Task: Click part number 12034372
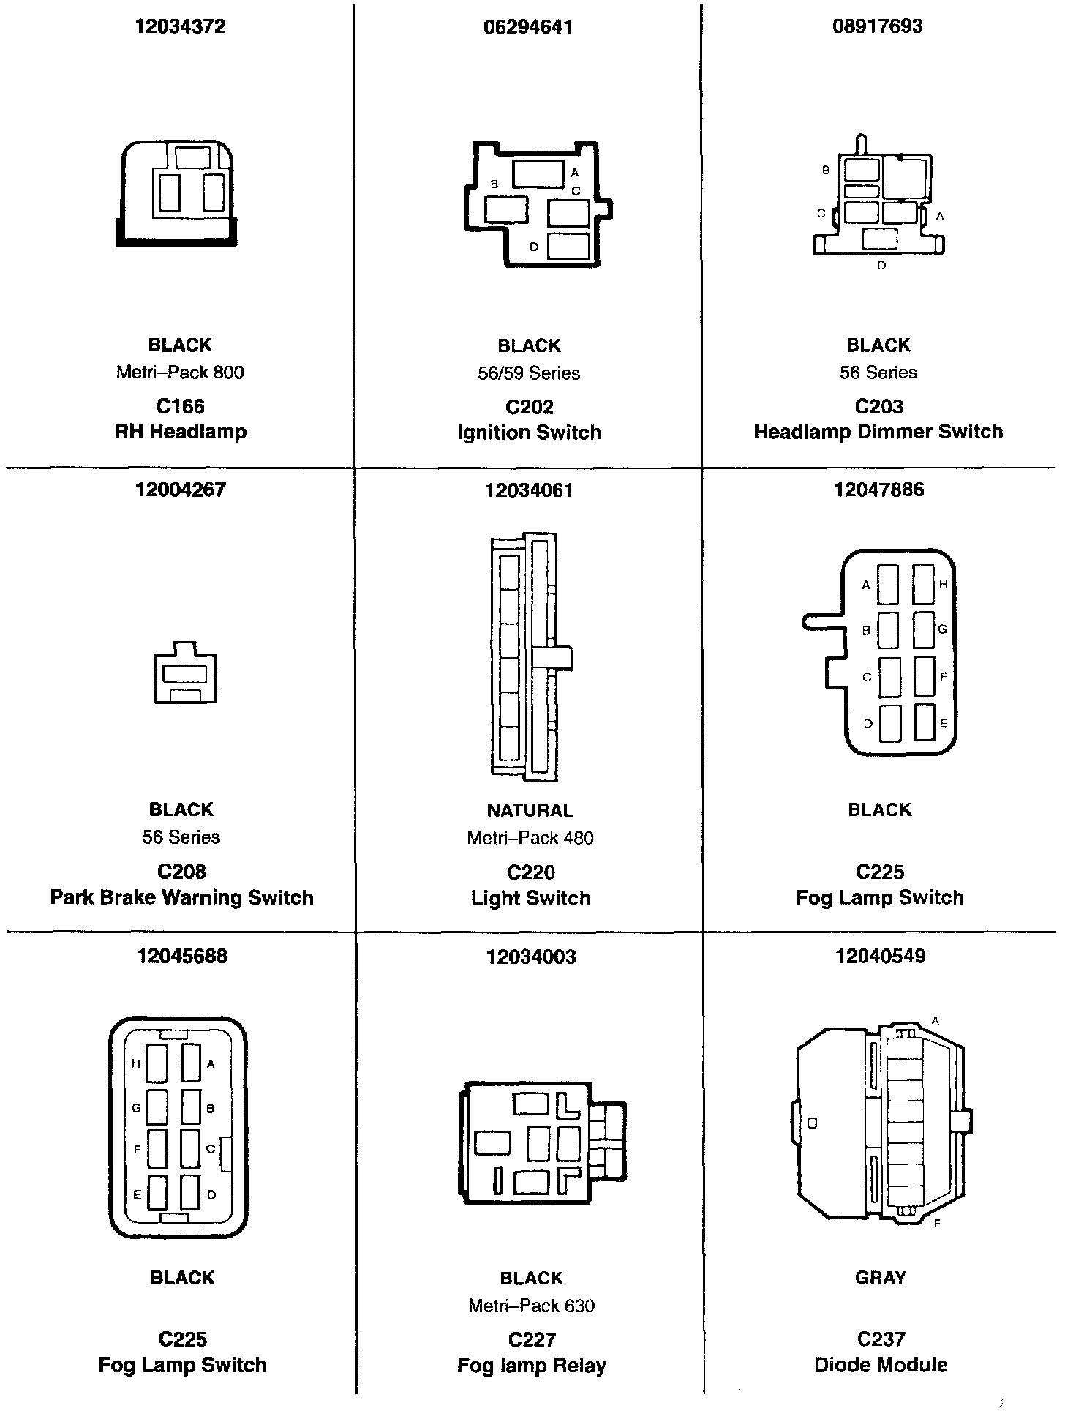point(180,26)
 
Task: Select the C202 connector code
point(529,407)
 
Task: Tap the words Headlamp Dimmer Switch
point(878,432)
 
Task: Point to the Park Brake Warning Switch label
point(181,897)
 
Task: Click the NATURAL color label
point(530,810)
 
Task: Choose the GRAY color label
point(880,1278)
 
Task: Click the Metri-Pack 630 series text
point(531,1306)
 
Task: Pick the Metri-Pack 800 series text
point(180,373)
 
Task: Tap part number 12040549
point(880,956)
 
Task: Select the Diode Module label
point(880,1365)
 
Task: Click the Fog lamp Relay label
point(531,1366)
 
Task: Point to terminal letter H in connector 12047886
point(943,584)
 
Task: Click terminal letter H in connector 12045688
point(136,1064)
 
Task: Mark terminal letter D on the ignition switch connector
point(534,247)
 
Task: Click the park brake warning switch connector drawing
point(184,673)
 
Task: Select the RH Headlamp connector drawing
point(177,193)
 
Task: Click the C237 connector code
point(880,1339)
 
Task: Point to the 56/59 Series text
point(529,373)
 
